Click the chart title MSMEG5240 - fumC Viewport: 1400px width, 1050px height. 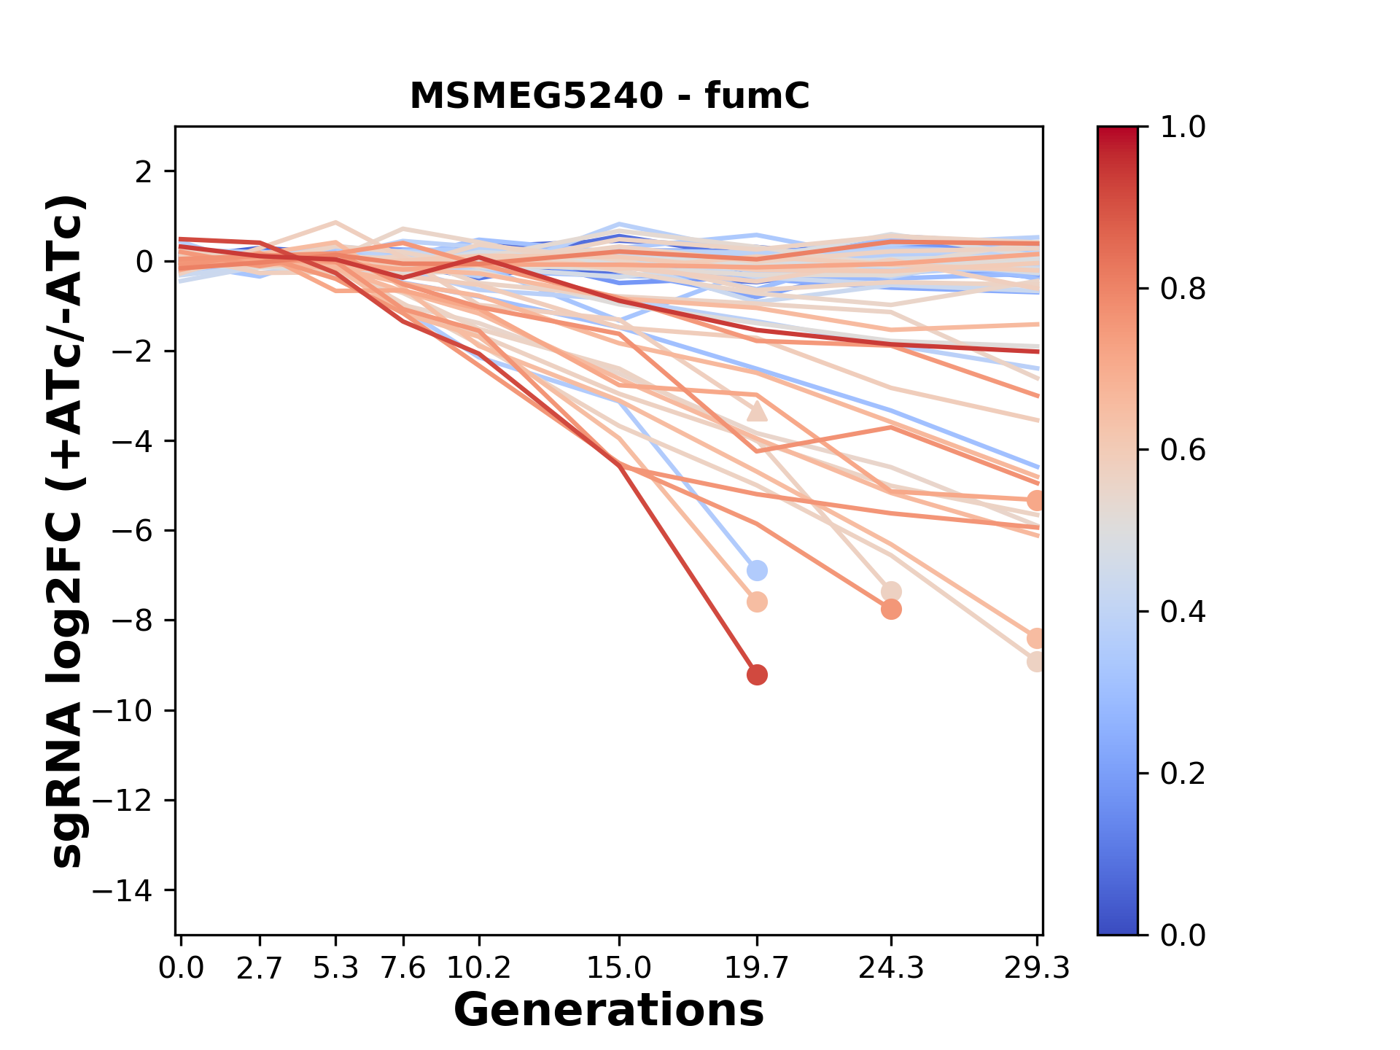click(x=609, y=96)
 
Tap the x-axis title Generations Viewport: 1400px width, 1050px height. click(x=609, y=1011)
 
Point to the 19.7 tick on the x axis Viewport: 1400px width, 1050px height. click(x=757, y=968)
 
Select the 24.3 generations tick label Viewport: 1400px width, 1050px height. click(x=890, y=968)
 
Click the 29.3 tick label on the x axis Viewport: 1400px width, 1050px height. click(x=1036, y=968)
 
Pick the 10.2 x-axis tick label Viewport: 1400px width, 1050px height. click(x=478, y=968)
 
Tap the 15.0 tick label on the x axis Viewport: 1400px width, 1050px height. click(x=618, y=968)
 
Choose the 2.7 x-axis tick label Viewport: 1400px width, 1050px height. click(x=260, y=968)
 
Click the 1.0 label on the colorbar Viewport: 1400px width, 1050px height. click(x=1183, y=128)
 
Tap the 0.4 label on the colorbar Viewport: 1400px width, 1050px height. click(x=1183, y=612)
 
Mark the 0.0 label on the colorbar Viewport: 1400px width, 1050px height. click(x=1183, y=936)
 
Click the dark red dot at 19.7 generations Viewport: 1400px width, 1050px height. click(x=757, y=675)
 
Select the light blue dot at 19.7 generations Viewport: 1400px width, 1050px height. click(x=757, y=570)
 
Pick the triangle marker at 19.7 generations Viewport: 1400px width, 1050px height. click(x=757, y=412)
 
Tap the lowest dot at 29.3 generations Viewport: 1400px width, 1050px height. click(x=1036, y=662)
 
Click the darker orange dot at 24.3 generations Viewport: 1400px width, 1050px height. click(x=891, y=610)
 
